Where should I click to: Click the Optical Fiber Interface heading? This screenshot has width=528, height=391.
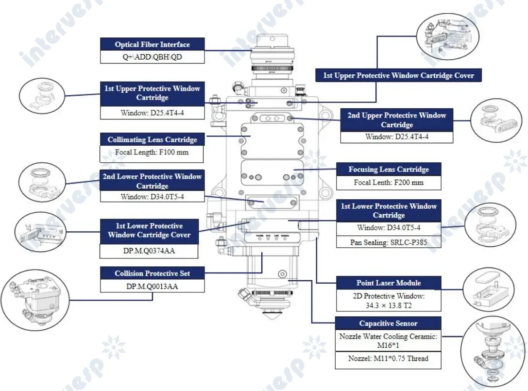(x=152, y=44)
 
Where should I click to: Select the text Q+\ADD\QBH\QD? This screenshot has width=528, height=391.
(x=152, y=57)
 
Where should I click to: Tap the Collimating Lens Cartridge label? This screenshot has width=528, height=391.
(x=152, y=139)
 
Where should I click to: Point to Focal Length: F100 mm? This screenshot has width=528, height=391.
(x=152, y=153)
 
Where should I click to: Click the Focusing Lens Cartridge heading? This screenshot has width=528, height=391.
(x=389, y=169)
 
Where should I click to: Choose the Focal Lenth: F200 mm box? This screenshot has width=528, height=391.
(x=389, y=183)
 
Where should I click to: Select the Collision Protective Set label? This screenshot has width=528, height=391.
(x=152, y=273)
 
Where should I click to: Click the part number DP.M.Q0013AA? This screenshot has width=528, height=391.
(x=152, y=286)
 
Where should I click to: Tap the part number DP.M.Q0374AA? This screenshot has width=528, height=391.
(x=149, y=251)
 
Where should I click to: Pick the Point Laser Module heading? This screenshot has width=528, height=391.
(x=389, y=283)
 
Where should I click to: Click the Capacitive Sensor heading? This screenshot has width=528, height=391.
(x=388, y=323)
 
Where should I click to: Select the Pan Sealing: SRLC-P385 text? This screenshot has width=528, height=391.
(x=389, y=241)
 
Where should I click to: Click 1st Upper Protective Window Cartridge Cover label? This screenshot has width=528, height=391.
(x=398, y=75)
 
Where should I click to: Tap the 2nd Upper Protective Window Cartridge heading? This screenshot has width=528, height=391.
(x=396, y=120)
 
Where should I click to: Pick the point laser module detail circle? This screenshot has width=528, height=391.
(x=490, y=290)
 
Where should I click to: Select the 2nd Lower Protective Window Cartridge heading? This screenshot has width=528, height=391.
(x=152, y=181)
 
